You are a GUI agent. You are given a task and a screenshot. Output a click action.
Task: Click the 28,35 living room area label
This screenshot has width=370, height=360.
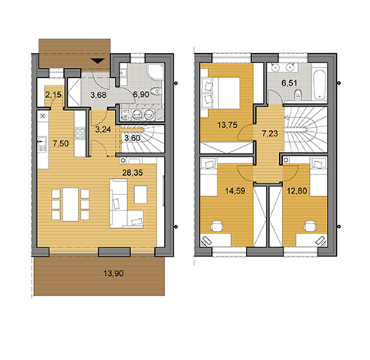133,173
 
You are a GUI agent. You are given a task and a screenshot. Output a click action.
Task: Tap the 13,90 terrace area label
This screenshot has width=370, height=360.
113,273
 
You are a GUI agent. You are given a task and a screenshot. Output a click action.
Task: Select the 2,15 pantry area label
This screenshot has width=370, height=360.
53,95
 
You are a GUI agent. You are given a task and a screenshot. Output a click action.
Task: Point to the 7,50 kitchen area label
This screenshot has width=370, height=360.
61,143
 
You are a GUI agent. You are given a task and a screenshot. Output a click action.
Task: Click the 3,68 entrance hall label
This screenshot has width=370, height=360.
99,95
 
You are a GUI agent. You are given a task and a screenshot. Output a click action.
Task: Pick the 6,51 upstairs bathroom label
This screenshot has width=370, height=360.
289,83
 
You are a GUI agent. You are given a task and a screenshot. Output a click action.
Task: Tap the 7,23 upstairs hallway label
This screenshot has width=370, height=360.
270,133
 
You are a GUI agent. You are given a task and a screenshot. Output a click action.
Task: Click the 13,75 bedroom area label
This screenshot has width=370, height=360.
227,125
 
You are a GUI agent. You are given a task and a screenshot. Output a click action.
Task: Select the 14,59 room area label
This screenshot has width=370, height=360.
235,191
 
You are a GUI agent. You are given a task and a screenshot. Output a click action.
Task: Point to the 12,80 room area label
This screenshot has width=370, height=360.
297,191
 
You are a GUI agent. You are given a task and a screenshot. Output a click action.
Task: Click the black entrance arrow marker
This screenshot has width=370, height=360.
98,61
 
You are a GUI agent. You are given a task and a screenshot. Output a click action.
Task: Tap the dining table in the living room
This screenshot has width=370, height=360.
70,204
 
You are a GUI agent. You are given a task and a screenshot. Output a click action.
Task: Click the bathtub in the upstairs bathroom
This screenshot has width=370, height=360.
320,83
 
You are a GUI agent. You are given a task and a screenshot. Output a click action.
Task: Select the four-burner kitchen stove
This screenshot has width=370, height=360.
80,133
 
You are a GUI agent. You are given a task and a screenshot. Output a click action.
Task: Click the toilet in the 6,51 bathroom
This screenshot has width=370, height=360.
298,95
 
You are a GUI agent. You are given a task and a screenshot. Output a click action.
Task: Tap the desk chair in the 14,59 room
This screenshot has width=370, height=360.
217,226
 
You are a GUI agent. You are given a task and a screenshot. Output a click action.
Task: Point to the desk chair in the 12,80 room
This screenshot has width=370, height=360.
310,226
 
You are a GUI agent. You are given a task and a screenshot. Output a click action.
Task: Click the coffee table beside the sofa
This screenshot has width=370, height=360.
141,194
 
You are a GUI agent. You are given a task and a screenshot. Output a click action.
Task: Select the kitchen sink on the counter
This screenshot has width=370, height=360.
42,143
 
